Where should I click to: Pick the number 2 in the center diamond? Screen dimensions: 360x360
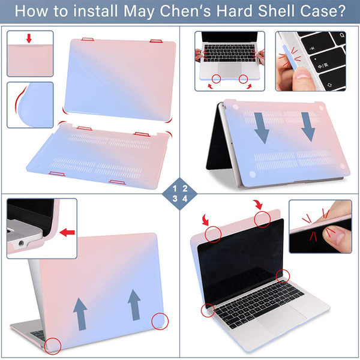pos(185,187)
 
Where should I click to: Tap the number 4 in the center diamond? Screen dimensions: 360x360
pos(185,197)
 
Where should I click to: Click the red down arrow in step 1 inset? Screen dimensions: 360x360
pos(29,39)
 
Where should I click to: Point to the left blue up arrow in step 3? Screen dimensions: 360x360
pos(80,312)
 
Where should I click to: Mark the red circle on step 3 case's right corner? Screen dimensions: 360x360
pos(160,321)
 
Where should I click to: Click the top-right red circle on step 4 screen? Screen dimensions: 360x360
pos(262,220)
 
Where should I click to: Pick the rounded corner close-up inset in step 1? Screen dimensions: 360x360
pos(30,106)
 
